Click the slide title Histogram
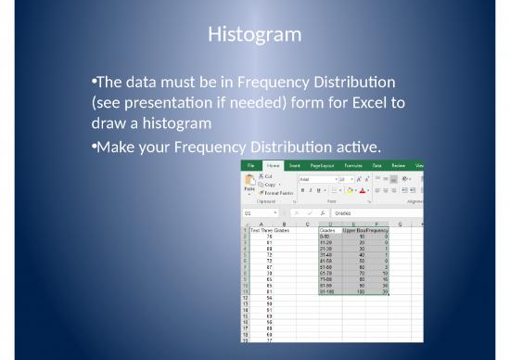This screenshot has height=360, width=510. click(254, 35)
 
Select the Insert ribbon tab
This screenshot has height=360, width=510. click(296, 164)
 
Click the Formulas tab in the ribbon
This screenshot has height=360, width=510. click(353, 164)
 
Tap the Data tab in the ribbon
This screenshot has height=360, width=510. click(377, 164)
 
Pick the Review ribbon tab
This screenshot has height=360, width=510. click(399, 164)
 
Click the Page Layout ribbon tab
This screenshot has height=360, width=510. click(324, 164)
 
